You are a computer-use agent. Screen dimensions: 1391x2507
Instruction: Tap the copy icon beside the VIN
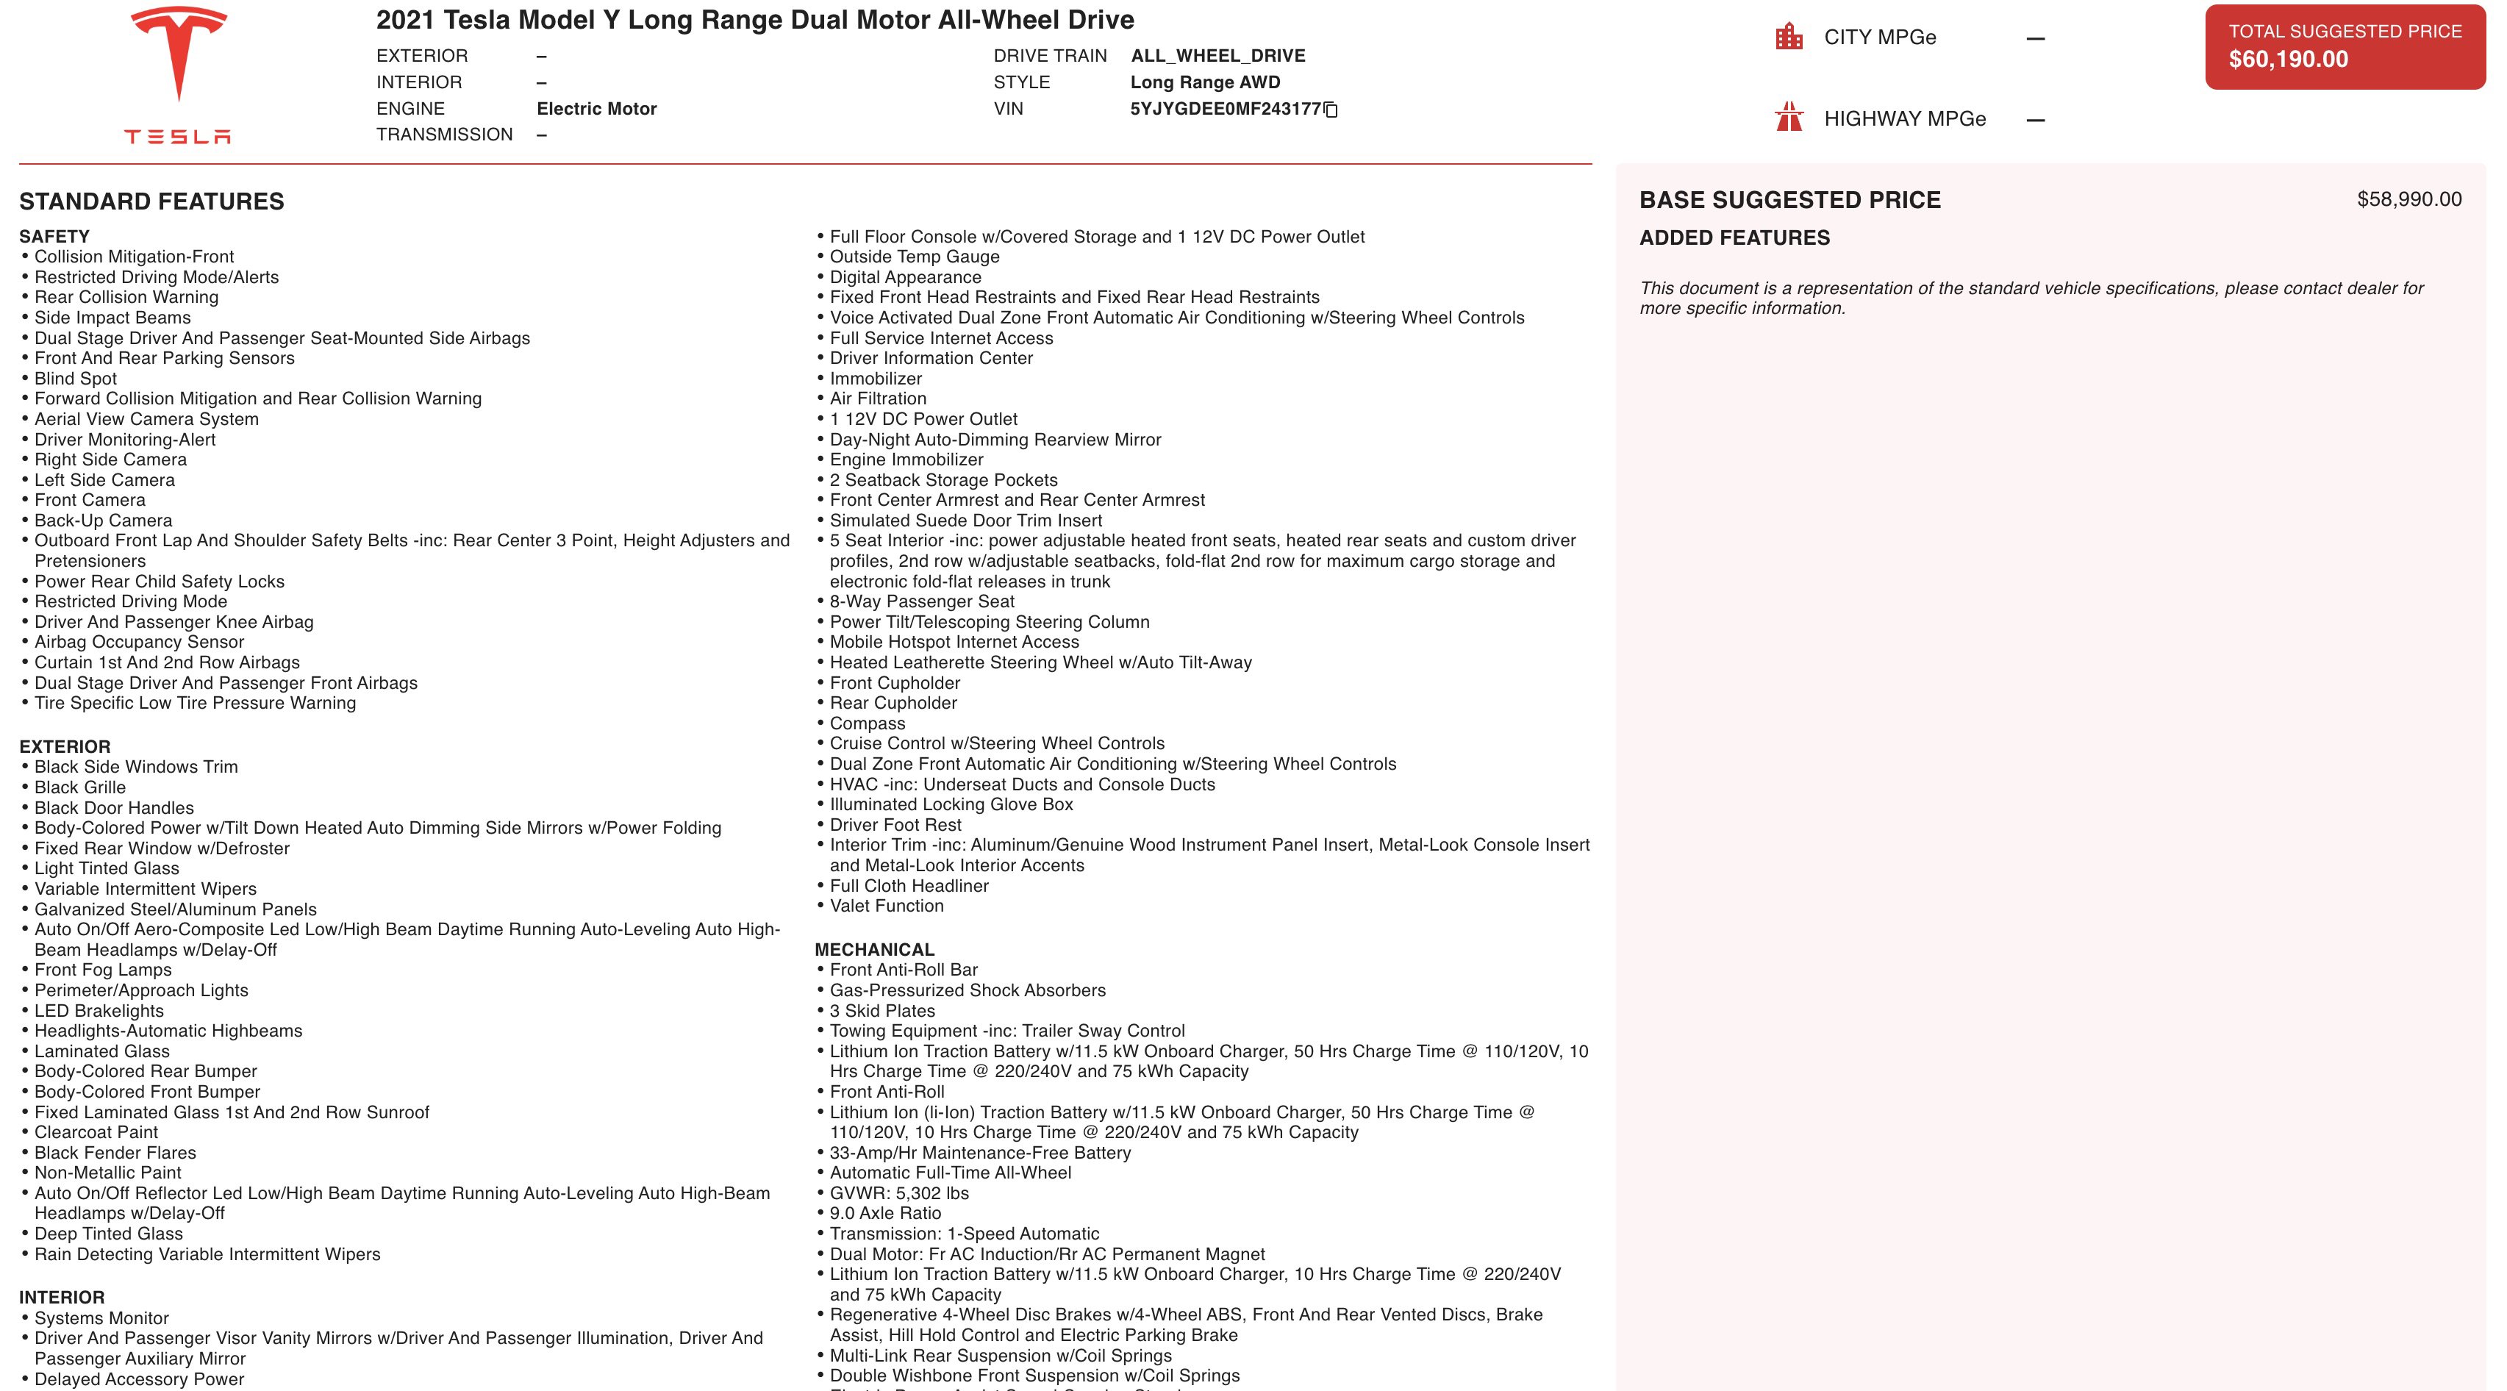pyautogui.click(x=1331, y=110)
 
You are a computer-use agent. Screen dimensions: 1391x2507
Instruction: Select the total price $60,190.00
pyautogui.click(x=2288, y=60)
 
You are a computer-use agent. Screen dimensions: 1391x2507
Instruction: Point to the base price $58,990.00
pyautogui.click(x=2408, y=199)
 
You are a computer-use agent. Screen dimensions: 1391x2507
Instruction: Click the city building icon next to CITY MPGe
pyautogui.click(x=1789, y=37)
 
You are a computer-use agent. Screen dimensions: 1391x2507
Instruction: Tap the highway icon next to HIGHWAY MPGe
pyautogui.click(x=1789, y=118)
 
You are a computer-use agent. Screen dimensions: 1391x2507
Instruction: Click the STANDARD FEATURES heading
pyautogui.click(x=152, y=201)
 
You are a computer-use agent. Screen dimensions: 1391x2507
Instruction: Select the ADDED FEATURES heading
pyautogui.click(x=1734, y=238)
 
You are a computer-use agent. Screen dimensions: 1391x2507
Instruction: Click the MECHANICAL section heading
pyautogui.click(x=874, y=950)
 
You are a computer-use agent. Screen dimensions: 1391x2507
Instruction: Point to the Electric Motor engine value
pyautogui.click(x=596, y=109)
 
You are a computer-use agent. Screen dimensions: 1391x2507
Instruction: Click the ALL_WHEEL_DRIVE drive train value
pyautogui.click(x=1217, y=57)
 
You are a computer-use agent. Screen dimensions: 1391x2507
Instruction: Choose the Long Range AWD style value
pyautogui.click(x=1205, y=83)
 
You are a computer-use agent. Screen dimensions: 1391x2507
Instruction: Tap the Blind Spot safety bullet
pyautogui.click(x=76, y=379)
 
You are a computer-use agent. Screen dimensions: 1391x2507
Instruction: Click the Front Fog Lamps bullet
pyautogui.click(x=103, y=970)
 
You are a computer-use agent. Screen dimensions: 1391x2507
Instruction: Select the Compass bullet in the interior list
pyautogui.click(x=867, y=724)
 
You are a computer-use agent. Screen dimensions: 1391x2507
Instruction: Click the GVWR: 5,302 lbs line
pyautogui.click(x=899, y=1193)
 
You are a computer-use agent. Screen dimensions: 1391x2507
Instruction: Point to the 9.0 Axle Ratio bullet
pyautogui.click(x=884, y=1214)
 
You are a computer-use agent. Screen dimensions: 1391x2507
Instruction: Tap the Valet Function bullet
pyautogui.click(x=887, y=907)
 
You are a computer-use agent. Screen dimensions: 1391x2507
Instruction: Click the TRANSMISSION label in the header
pyautogui.click(x=445, y=135)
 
